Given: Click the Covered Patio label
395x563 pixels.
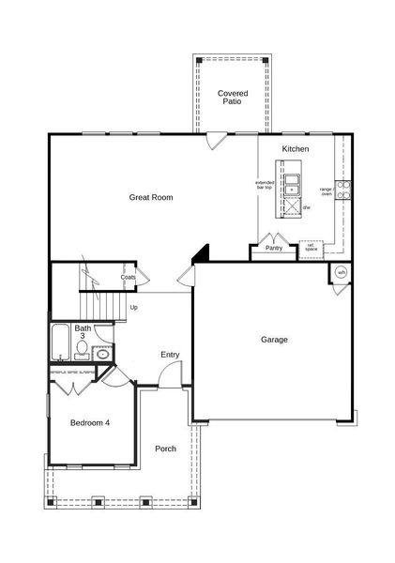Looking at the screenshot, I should pos(231,98).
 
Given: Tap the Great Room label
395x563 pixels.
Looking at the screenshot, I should pos(150,197).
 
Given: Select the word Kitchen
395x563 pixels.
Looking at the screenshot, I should pos(296,149).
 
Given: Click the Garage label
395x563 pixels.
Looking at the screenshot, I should pos(274,340).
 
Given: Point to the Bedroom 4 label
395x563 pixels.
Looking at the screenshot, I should pos(90,423).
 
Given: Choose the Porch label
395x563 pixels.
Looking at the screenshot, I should pos(165,449).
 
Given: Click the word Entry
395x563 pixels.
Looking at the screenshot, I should pos(170,354).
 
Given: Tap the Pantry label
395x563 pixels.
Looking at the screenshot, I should pos(274,249).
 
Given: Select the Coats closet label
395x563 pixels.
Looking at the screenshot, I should pos(129,278).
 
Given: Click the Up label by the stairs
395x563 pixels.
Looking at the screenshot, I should pos(134,307).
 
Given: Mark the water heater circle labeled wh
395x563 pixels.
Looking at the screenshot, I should pos(341,272).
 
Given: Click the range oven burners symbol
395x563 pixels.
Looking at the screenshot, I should pos(343,191).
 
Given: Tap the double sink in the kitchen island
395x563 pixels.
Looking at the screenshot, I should pos(293,184).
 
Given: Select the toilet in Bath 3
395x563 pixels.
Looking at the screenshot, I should pos(82,350).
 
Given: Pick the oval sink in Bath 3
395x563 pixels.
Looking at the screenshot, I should pos(102,352).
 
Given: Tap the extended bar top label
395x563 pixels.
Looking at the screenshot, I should pos(264,185).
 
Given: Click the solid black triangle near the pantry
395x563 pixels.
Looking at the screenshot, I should pos(201,253).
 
